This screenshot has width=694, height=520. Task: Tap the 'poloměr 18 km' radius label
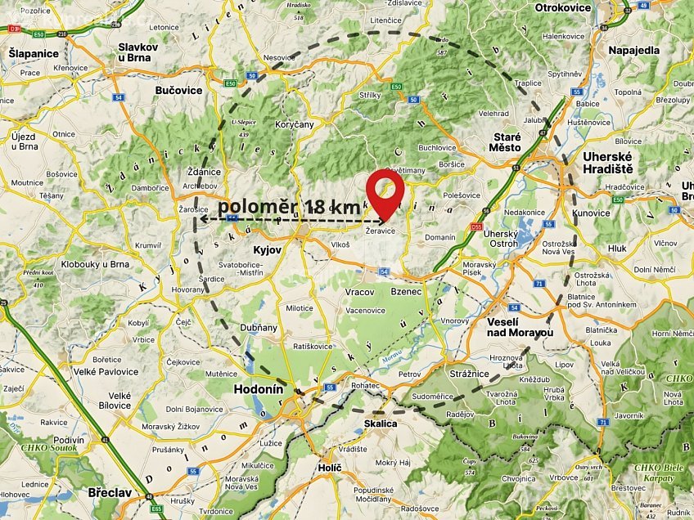pyautogui.click(x=289, y=207)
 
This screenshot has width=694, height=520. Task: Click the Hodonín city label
pyautogui.click(x=259, y=390)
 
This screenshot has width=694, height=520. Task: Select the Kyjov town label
pyautogui.click(x=268, y=248)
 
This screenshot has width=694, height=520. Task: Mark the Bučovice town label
pyautogui.click(x=178, y=91)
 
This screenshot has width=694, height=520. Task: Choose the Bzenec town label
pyautogui.click(x=406, y=292)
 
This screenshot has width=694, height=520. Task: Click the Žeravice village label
pyautogui.click(x=381, y=231)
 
